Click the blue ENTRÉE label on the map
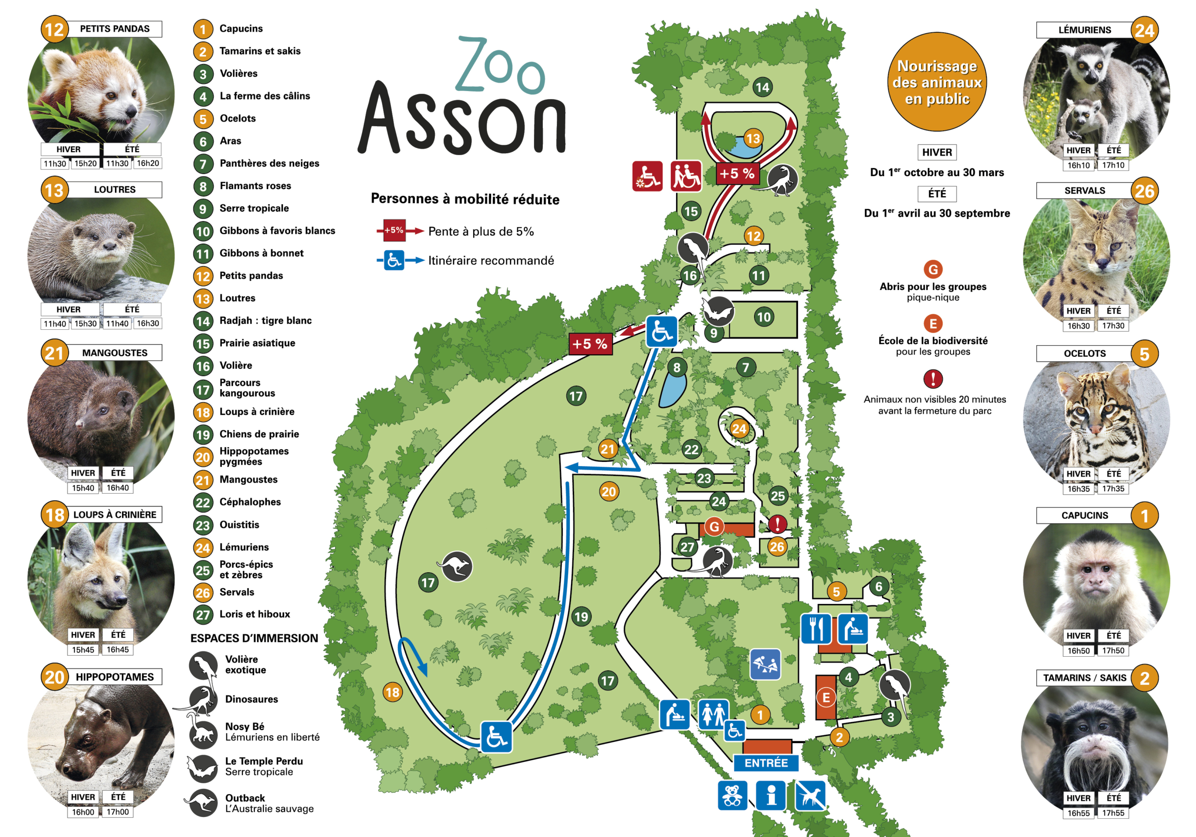pos(766,763)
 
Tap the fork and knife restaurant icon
pos(816,629)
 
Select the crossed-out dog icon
pos(810,796)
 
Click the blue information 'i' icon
pos(771,796)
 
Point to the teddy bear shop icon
pos(733,796)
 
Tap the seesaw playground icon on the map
pos(765,664)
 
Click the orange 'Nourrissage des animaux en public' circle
pos(937,82)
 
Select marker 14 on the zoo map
pos(762,87)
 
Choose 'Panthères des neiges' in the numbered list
pos(269,163)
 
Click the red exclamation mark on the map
pos(777,524)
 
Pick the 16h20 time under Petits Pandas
pos(148,163)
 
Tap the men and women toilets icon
pos(713,714)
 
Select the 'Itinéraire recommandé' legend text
pos(491,261)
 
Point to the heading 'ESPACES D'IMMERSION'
pos(254,638)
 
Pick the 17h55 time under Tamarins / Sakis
pos(1113,813)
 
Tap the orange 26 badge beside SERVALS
pos(1145,191)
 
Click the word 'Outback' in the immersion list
pos(245,798)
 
